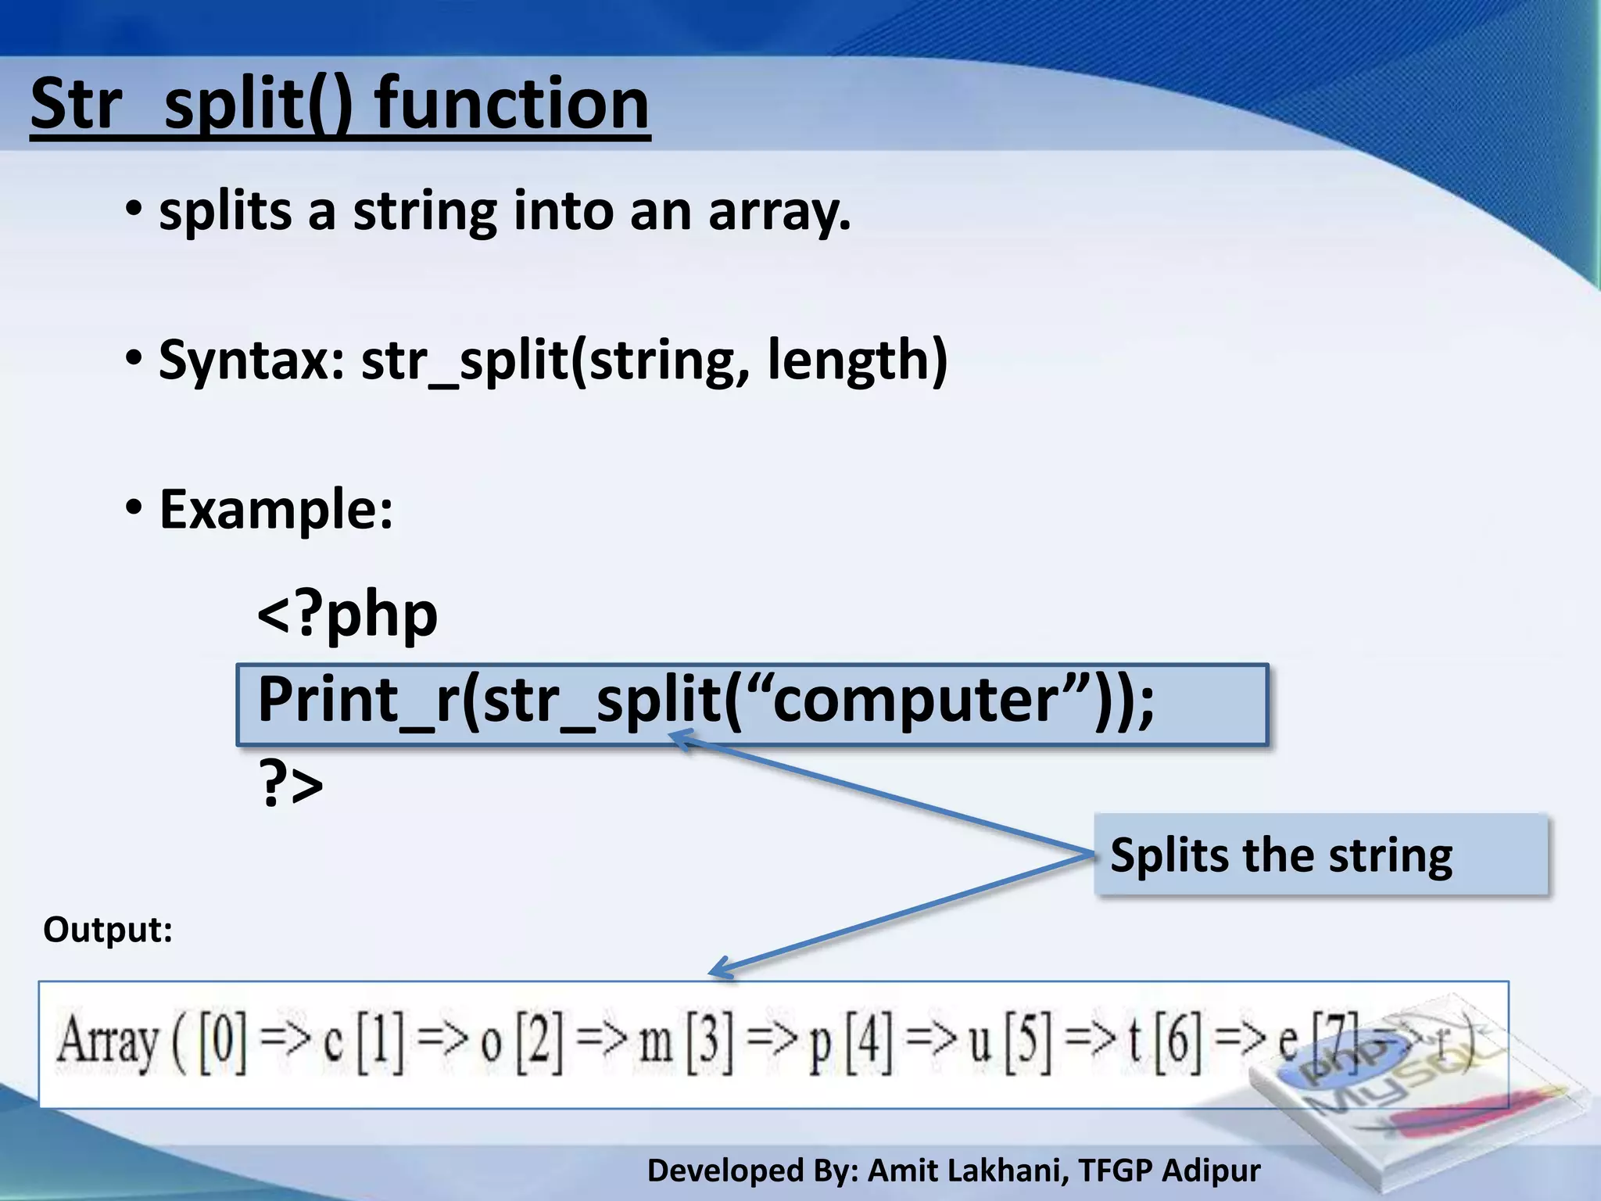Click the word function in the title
pyautogui.click(x=512, y=106)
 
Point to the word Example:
pyautogui.click(x=276, y=510)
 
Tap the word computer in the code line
pyautogui.click(x=916, y=701)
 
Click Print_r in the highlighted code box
pyautogui.click(x=356, y=701)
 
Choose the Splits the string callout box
pyautogui.click(x=1320, y=855)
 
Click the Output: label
pyautogui.click(x=108, y=930)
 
